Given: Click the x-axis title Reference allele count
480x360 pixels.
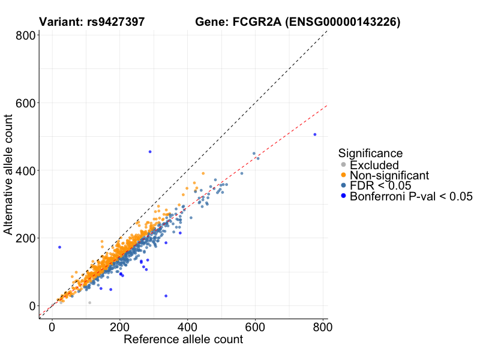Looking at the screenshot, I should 183,340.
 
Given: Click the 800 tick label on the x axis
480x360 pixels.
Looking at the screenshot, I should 322,328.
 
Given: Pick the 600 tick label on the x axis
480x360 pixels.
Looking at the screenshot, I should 255,328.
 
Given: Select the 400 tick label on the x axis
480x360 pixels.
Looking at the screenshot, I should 187,328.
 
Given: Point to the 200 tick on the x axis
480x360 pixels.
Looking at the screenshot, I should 119,328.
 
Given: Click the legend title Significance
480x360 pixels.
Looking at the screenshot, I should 370,153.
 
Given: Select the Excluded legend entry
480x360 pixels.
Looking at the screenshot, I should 374,165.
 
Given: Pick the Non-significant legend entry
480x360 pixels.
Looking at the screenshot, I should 389,175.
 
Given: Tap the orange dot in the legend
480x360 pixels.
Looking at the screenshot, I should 343,175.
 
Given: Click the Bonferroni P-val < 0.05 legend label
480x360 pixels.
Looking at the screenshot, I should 412,196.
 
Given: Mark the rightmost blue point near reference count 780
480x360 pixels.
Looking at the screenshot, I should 315,134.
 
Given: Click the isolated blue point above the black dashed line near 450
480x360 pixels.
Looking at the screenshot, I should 150,152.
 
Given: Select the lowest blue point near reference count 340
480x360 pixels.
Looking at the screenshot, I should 166,296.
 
